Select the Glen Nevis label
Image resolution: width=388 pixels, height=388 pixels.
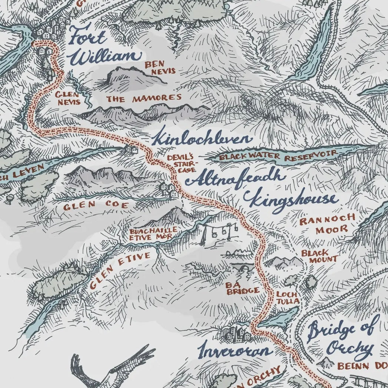coord(67,98)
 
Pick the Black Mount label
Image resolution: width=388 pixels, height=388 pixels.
coord(314,256)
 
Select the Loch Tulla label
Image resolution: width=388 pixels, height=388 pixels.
coord(288,298)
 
